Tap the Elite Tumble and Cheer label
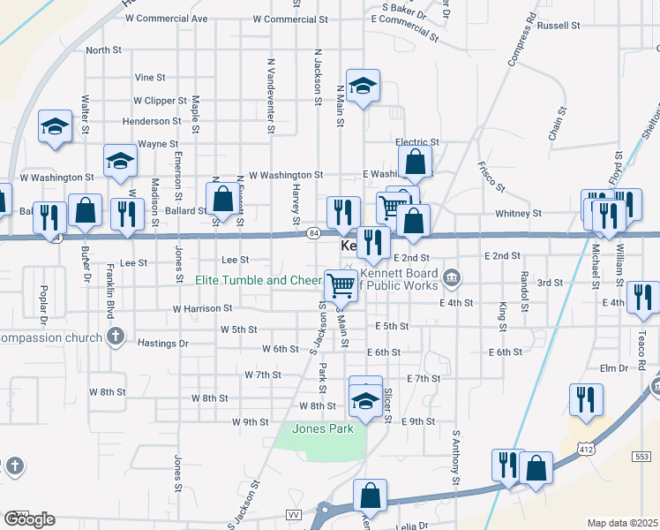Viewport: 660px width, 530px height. pyautogui.click(x=259, y=281)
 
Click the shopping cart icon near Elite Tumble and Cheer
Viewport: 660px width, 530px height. pyautogui.click(x=341, y=284)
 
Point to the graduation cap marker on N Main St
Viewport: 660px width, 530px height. pyautogui.click(x=363, y=86)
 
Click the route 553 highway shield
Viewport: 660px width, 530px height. pyautogui.click(x=641, y=456)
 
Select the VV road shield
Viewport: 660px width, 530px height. pyautogui.click(x=294, y=514)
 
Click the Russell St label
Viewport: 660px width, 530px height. pyautogui.click(x=557, y=26)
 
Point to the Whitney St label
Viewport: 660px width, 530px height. pyautogui.click(x=518, y=214)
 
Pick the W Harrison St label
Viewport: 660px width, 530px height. pyautogui.click(x=202, y=309)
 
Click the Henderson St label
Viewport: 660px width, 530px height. pyautogui.click(x=152, y=121)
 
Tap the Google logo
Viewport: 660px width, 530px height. pyautogui.click(x=29, y=519)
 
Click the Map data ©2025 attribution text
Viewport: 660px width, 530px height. pyautogui.click(x=623, y=523)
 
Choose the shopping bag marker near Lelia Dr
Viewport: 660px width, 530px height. pyautogui.click(x=371, y=496)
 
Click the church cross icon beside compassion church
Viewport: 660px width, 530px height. pyautogui.click(x=114, y=336)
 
